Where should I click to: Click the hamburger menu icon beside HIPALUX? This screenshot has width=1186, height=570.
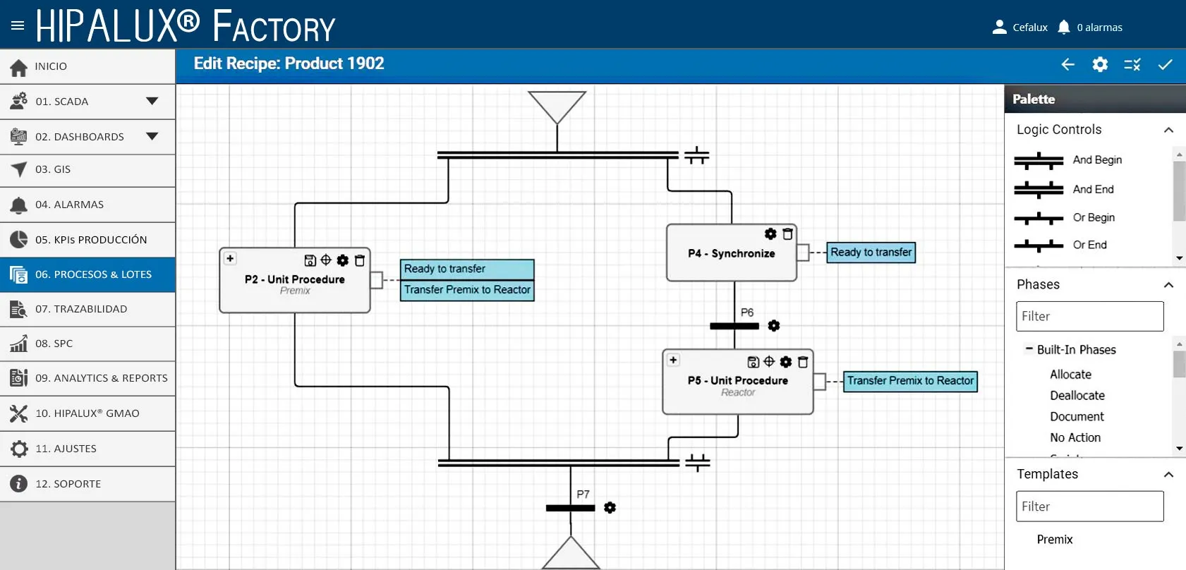point(18,25)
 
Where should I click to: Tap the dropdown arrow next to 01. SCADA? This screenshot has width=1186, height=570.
point(152,101)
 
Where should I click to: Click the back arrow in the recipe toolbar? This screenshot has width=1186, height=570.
point(1067,65)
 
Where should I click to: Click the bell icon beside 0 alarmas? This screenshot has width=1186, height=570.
point(1064,27)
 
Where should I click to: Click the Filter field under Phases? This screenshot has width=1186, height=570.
point(1089,317)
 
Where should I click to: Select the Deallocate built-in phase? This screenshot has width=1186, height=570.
point(1077,395)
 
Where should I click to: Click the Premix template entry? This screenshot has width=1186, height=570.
point(1055,539)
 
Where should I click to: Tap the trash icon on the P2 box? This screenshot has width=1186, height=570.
point(360,260)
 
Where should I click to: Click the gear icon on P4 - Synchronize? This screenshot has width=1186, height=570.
point(770,234)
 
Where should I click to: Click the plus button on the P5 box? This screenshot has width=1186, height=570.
point(673,360)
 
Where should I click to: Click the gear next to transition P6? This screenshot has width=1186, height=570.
point(773,325)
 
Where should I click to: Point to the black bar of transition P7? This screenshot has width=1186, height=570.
point(570,508)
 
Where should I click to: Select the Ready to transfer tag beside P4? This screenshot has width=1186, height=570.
point(871,253)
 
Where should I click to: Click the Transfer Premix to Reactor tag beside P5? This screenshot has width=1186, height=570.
point(910,381)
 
